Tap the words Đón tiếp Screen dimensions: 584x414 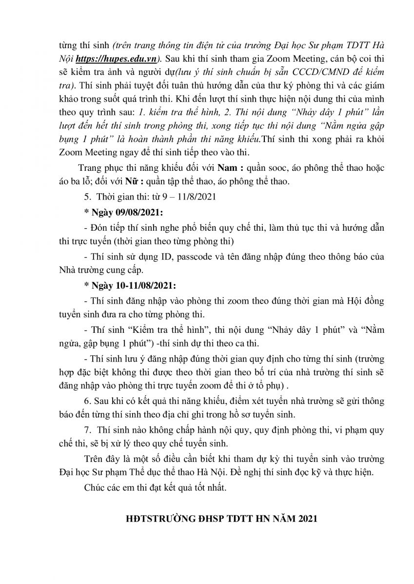[104, 228]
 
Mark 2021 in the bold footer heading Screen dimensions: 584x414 [307, 519]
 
